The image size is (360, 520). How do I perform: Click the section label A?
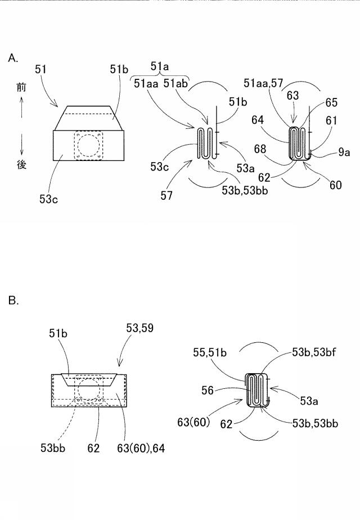pos(13,59)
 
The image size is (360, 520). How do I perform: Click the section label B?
pos(13,301)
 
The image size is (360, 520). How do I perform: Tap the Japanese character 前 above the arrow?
pos(21,88)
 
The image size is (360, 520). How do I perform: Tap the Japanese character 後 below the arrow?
pos(21,164)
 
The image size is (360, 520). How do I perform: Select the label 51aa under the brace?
pos(146,83)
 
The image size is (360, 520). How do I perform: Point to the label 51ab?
pos(175,83)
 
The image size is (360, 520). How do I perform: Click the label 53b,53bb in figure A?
pos(245,190)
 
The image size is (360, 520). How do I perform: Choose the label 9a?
pos(344,152)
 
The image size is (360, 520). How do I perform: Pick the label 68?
pos(260,149)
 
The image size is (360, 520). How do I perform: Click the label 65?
pos(331,102)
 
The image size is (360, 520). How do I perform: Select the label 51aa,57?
pos(263,83)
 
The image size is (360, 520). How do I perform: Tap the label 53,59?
pos(140,328)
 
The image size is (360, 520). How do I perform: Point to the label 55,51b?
pos(210,352)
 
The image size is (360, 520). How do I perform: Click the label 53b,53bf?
pos(314,352)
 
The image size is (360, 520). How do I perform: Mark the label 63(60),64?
pos(141,449)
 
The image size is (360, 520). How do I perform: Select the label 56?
pos(208,391)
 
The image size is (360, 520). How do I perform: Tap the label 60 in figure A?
pos(335,185)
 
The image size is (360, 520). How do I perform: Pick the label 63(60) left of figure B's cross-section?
pos(193,422)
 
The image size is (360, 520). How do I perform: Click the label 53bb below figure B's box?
pos(53,448)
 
